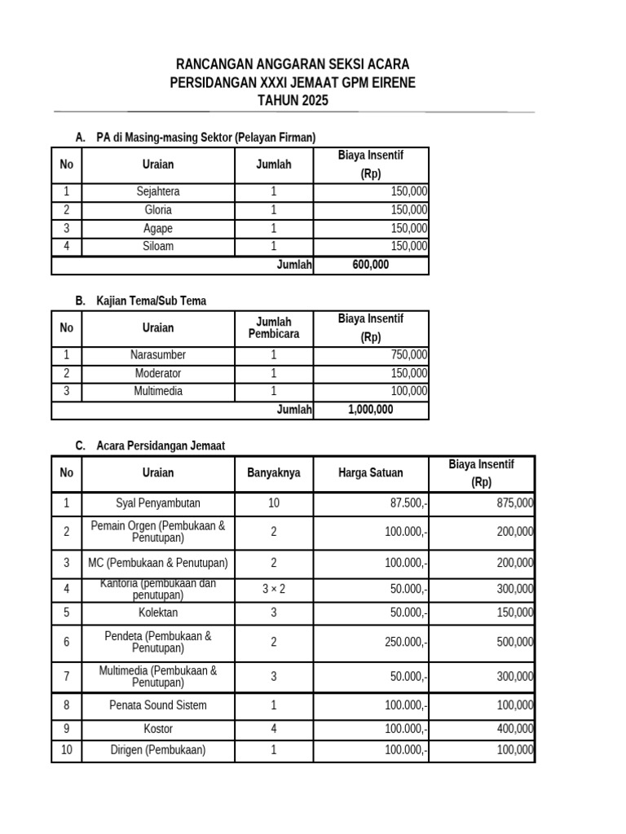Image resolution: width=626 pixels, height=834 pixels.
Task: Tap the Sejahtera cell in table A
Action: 158,192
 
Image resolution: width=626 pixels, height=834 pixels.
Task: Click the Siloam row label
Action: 158,246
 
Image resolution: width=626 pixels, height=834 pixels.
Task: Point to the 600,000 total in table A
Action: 370,265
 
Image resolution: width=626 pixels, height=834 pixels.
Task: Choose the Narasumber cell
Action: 158,355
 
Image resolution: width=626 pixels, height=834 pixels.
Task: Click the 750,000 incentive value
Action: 408,355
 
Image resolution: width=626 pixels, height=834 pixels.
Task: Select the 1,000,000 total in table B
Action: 370,410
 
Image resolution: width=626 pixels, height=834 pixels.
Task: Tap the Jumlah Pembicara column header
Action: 274,328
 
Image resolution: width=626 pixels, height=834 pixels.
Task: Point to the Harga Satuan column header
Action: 370,472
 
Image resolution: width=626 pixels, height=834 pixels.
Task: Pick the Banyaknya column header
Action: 274,472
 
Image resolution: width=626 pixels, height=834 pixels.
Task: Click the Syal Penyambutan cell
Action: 158,503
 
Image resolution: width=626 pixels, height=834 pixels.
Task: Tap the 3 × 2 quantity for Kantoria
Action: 274,588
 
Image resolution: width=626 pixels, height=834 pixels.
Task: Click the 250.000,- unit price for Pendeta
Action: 406,642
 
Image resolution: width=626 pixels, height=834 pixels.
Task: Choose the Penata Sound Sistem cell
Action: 158,705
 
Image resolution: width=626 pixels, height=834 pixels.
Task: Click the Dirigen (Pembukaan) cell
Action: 158,750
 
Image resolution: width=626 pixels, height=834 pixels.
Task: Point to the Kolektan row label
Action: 158,612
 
